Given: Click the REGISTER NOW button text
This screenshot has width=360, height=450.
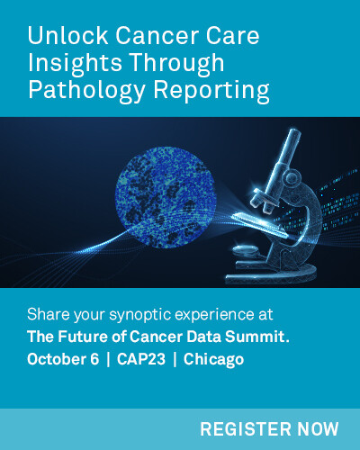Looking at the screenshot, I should coord(269,428).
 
